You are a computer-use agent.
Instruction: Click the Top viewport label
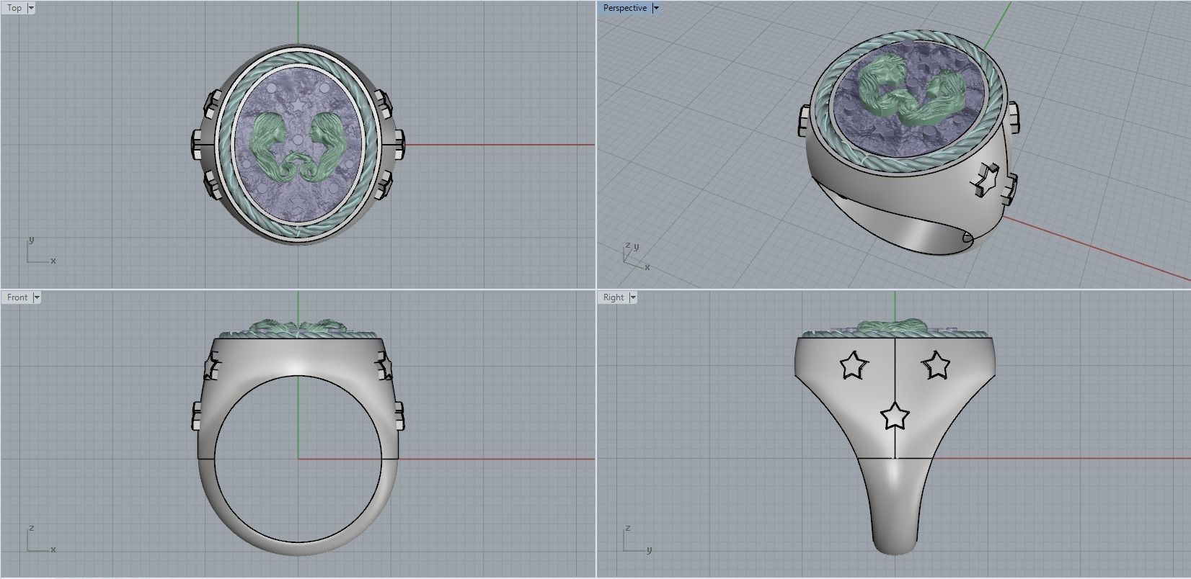[14, 8]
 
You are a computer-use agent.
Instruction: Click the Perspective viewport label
[624, 8]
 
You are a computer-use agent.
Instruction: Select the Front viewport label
[17, 297]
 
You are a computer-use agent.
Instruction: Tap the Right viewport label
[614, 297]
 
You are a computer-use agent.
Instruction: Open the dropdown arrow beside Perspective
[655, 8]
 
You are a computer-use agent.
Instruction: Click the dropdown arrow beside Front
[37, 297]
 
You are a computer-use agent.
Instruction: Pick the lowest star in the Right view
[895, 416]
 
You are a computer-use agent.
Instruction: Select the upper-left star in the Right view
[854, 365]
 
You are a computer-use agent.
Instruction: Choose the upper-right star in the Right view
[937, 365]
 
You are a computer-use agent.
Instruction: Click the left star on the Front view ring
[211, 367]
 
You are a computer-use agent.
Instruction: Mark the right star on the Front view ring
[384, 367]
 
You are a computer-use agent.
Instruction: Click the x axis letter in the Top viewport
[53, 261]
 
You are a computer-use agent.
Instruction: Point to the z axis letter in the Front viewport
[32, 529]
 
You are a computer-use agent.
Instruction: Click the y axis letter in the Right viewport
[649, 550]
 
